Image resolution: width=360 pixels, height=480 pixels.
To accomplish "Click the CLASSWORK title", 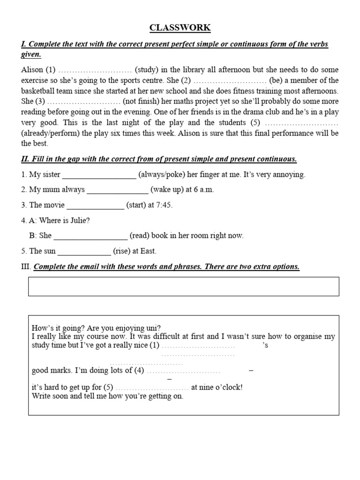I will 180,28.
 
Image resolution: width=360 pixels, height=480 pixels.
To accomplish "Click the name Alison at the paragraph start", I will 32,70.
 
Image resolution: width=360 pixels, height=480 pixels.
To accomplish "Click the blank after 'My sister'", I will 99,175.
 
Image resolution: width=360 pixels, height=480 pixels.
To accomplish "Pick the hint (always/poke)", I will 161,175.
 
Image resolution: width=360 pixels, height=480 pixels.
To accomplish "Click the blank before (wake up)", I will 118,190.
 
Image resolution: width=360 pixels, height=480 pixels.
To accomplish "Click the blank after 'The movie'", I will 96,205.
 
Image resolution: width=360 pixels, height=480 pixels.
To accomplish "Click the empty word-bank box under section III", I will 183,286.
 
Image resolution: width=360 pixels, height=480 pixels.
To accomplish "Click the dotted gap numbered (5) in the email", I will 152,388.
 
